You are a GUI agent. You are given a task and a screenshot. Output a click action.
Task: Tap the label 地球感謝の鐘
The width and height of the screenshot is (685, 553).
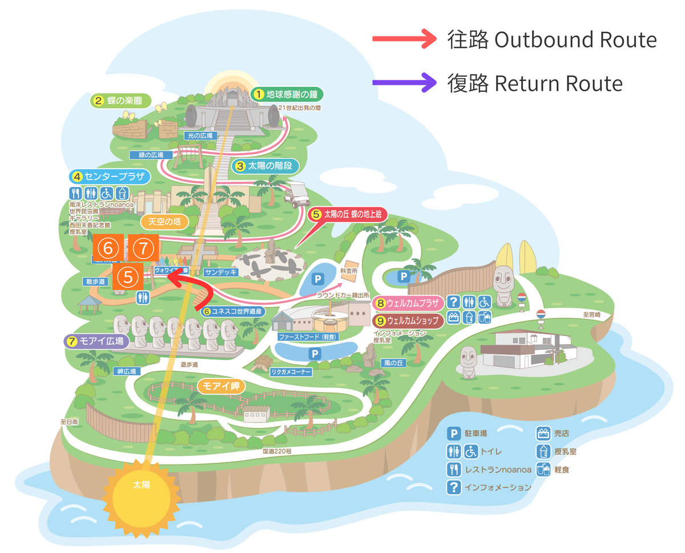(x=287, y=94)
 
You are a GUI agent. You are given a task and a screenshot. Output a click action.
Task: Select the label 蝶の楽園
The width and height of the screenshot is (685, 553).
(x=121, y=101)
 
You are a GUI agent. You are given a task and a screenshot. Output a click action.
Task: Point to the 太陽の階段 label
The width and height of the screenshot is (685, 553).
(x=265, y=166)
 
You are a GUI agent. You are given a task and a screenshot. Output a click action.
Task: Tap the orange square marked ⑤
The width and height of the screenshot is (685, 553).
(x=128, y=278)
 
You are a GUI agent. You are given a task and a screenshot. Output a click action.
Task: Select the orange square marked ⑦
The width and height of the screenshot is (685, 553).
(x=143, y=248)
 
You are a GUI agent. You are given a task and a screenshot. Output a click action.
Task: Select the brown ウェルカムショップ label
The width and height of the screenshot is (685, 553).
(x=408, y=321)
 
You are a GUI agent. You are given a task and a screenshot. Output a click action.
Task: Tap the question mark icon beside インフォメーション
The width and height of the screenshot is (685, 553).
(x=454, y=487)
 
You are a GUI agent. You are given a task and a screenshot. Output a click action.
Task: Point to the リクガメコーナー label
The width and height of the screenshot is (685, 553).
(x=291, y=372)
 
